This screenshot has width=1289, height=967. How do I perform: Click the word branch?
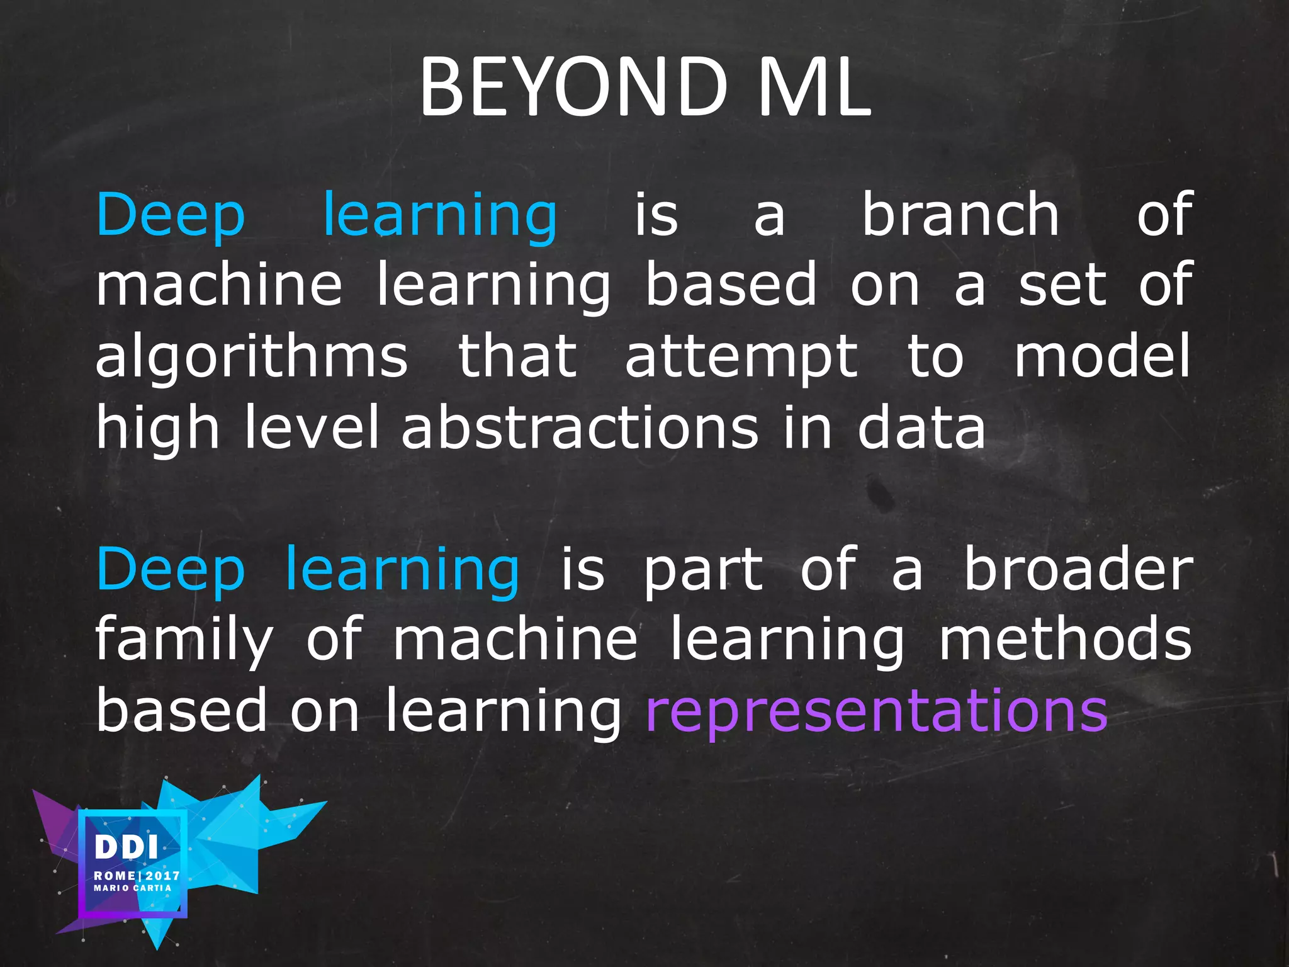click(960, 215)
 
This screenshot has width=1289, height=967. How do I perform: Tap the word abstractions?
click(580, 428)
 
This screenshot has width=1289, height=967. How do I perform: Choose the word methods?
click(1065, 640)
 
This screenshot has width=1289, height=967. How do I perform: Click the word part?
click(703, 572)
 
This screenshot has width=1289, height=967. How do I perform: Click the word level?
click(311, 428)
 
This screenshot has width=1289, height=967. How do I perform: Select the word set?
click(1061, 286)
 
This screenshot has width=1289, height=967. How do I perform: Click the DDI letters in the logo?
click(126, 847)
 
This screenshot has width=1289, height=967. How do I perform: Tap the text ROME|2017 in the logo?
click(137, 876)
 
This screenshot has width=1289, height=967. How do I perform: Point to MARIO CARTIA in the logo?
click(132, 888)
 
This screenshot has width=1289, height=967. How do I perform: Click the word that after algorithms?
click(517, 358)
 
